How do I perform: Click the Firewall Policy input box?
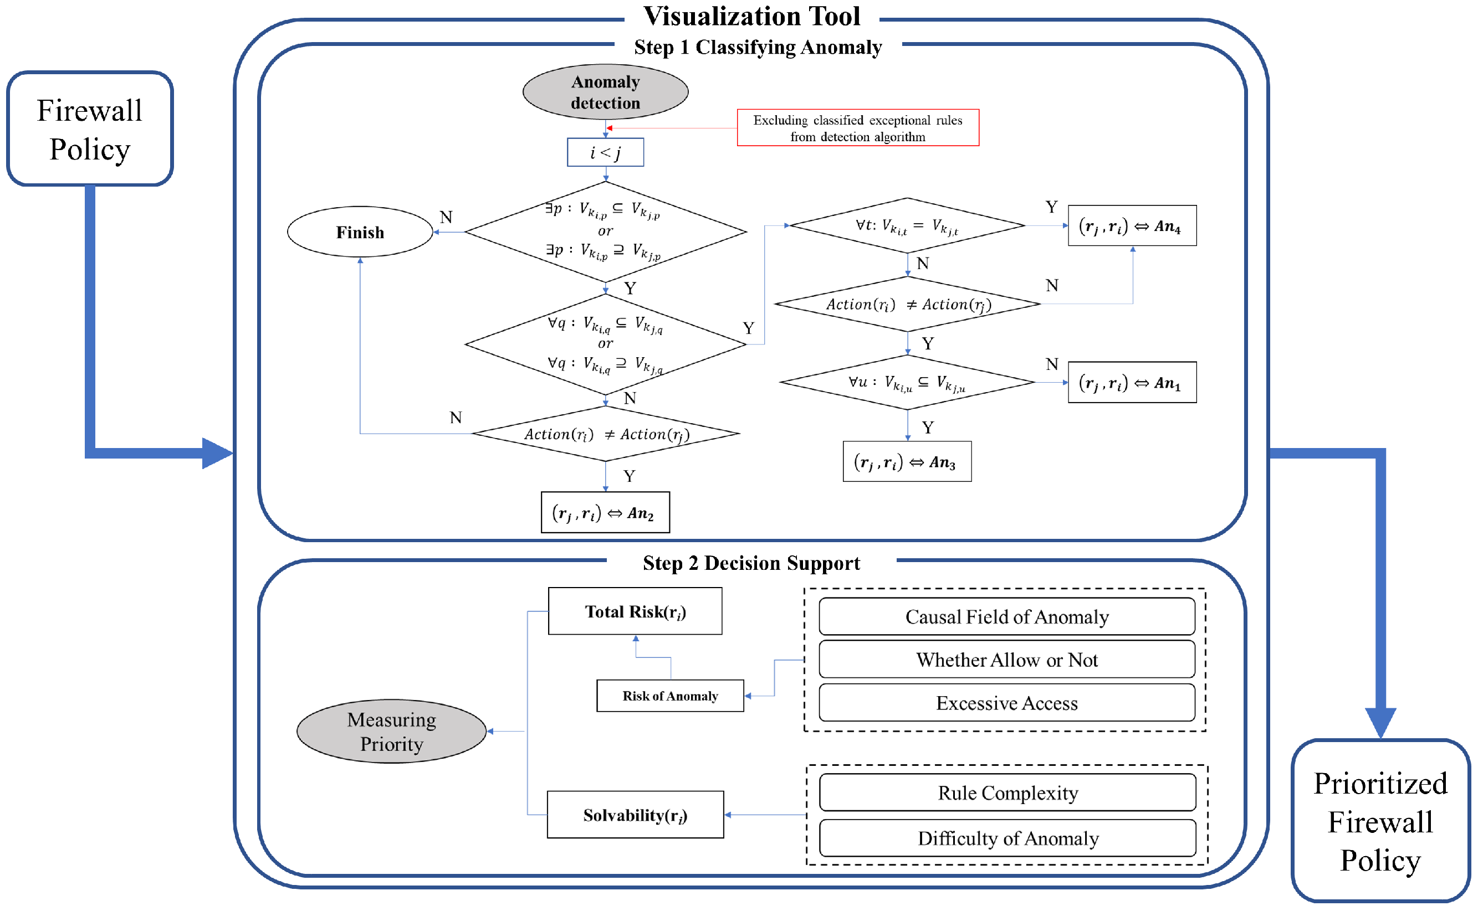coord(90,129)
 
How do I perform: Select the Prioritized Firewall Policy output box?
coord(1381,822)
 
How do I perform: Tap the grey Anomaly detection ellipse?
coord(606,92)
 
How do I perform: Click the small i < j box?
coord(606,152)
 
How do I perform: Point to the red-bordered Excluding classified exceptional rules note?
coord(858,128)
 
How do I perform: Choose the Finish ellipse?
coord(360,232)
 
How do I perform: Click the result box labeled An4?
coord(1132,226)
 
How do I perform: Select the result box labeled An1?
coord(1132,383)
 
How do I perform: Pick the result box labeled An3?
coord(907,462)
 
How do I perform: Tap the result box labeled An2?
coord(605,513)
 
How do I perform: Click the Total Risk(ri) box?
coord(635,611)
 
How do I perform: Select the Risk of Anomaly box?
coord(671,696)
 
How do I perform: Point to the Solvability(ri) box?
coord(635,815)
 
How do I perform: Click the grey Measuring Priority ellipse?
coord(392,732)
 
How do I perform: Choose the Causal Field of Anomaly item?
coord(1008,617)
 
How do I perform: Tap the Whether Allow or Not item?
coord(1008,660)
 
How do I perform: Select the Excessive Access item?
coord(1008,703)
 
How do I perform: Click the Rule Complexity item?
coord(1008,793)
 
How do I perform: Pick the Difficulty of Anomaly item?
coord(1008,838)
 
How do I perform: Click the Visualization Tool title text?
coord(751,16)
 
